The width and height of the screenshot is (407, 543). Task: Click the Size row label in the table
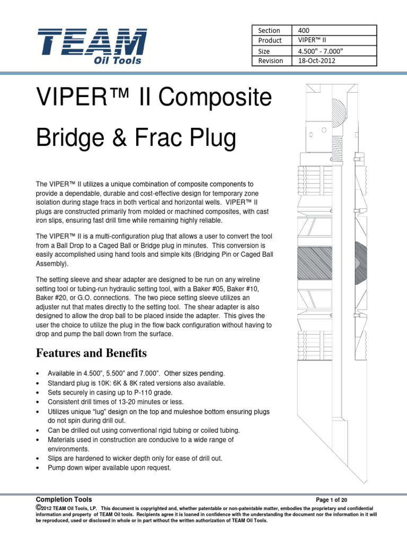264,51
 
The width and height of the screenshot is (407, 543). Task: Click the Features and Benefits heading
91,353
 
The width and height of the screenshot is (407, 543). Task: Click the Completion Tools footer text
64,500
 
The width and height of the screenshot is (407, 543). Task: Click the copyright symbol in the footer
38,507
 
